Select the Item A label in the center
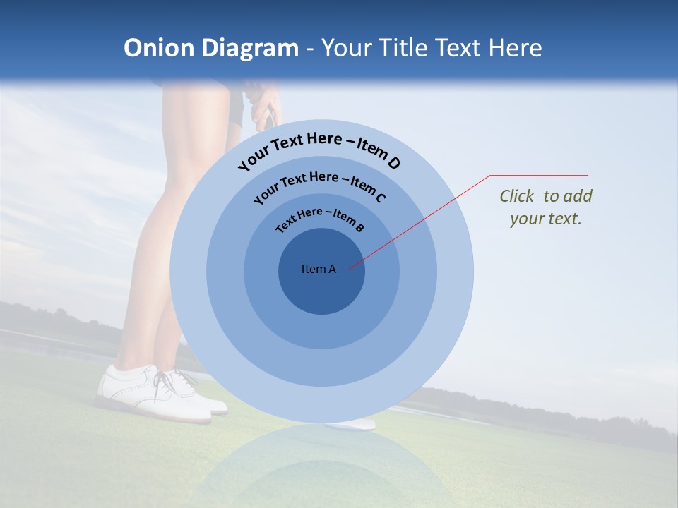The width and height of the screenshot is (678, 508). tap(319, 269)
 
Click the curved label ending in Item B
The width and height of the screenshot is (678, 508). tap(320, 219)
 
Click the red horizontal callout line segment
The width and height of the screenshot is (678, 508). tap(539, 175)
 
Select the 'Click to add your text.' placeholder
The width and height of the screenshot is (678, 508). tap(545, 207)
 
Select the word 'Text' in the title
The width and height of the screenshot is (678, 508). tap(456, 48)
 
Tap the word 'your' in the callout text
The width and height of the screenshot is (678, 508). tap(527, 219)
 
